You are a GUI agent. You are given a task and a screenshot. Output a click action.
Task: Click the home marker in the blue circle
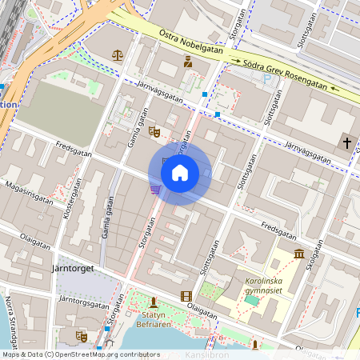[180, 173]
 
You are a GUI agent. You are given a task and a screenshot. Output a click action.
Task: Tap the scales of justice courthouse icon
[118, 55]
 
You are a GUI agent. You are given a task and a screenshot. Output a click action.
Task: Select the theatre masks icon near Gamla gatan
[154, 130]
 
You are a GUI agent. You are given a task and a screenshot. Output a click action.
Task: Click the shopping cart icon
[154, 189]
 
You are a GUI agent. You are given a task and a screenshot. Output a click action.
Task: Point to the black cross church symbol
[346, 142]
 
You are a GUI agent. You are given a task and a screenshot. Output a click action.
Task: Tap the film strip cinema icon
[186, 296]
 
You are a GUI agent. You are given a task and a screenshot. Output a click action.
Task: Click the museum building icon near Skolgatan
[298, 254]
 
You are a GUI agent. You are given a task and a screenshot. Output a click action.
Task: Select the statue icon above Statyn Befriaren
[153, 302]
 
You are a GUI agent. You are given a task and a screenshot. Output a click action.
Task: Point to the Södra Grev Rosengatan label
[286, 75]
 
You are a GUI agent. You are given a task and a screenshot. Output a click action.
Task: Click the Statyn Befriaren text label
[152, 320]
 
